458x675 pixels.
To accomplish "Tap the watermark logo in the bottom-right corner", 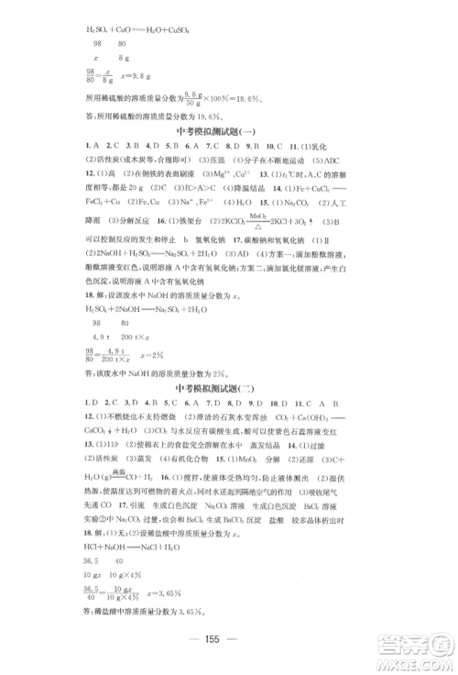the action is (x=417, y=646).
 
